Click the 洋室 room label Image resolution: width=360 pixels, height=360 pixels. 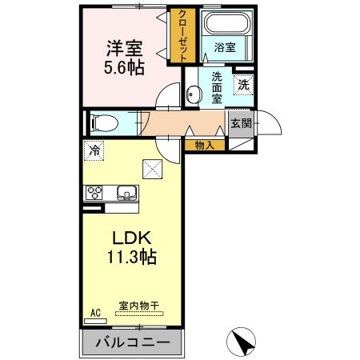[x=123, y=47]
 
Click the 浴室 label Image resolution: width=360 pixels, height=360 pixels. [x=224, y=48]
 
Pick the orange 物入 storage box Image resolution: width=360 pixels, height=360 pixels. [x=205, y=146]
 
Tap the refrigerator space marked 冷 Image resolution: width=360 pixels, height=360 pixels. [x=95, y=150]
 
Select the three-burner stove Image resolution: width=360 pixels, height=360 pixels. [x=95, y=193]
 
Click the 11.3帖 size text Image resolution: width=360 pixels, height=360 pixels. [x=128, y=258]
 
